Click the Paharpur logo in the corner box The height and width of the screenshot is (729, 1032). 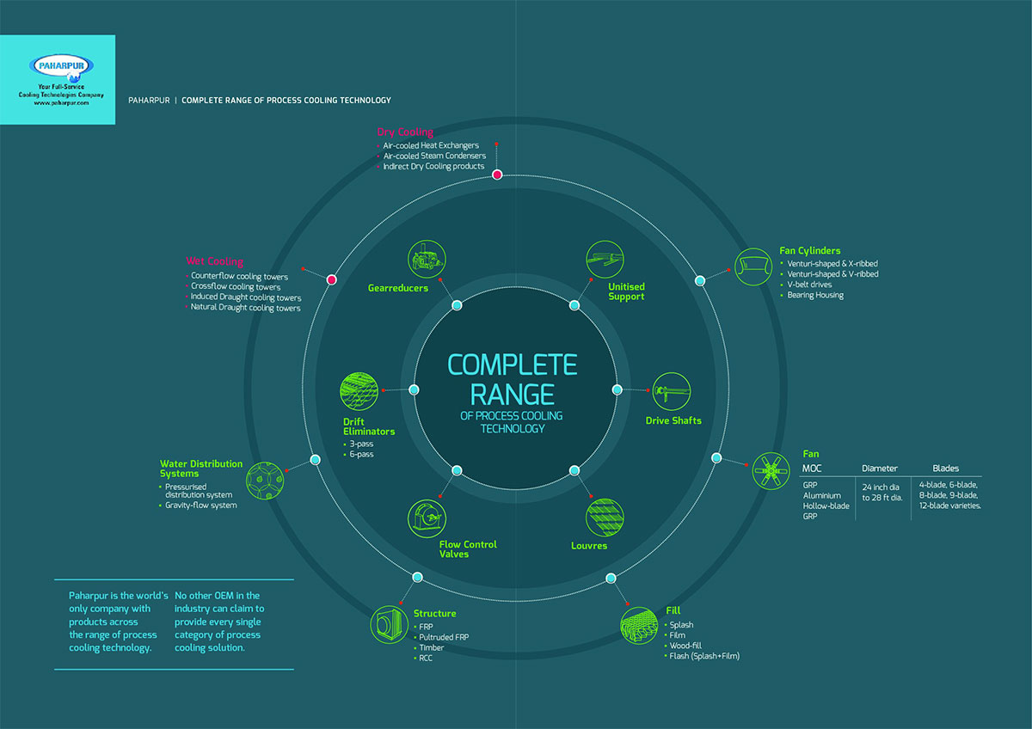coord(61,66)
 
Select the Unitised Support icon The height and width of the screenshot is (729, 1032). coord(605,258)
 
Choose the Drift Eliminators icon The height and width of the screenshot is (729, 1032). coord(359,392)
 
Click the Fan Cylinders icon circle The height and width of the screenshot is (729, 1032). coord(753,266)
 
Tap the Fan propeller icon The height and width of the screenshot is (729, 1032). coord(771,470)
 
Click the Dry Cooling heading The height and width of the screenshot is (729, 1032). coord(405,132)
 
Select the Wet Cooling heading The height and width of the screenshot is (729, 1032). coord(215,261)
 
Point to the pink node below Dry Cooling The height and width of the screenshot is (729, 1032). coord(497,175)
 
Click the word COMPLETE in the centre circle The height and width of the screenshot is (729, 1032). coord(513,364)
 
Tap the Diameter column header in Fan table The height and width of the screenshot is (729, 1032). coord(880,469)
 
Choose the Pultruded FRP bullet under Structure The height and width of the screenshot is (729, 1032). coord(444,637)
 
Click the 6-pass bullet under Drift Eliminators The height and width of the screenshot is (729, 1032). coord(361,454)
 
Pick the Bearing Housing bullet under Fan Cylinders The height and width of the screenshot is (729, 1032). coord(816,295)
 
